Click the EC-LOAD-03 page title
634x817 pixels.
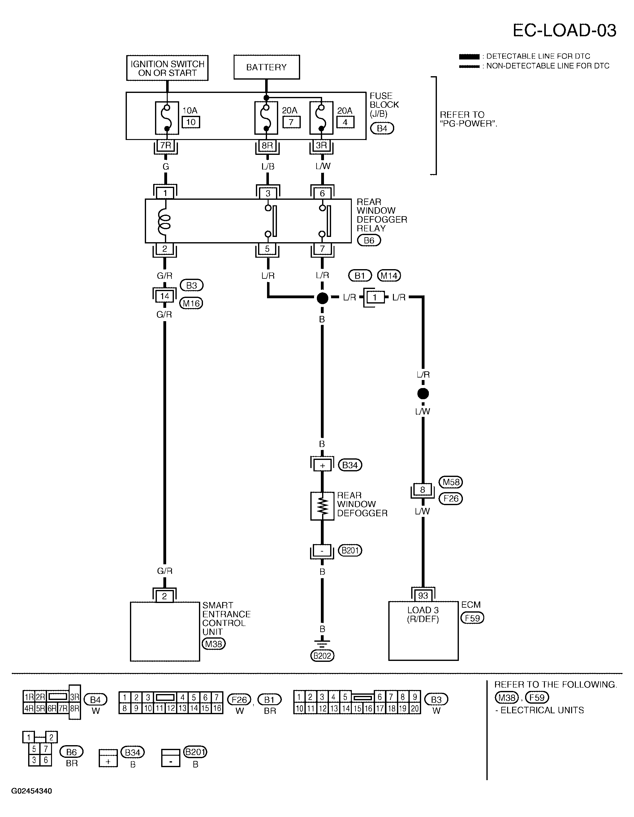point(564,30)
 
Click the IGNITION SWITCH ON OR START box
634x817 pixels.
point(167,68)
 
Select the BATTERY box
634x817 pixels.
point(266,67)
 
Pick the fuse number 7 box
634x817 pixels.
point(291,122)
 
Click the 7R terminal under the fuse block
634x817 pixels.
point(166,145)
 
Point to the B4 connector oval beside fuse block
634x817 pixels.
point(382,128)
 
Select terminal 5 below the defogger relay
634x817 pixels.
point(267,249)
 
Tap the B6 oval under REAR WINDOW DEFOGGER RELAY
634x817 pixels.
point(369,241)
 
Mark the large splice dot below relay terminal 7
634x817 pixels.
point(322,298)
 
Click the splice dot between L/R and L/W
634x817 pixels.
point(423,394)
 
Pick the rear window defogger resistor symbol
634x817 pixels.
point(322,506)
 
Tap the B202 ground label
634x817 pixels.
point(322,656)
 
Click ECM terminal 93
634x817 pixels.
point(423,595)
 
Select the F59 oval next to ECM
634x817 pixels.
point(472,618)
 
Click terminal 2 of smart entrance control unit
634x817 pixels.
point(165,596)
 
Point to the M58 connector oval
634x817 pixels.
point(451,482)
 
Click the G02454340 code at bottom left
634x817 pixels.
point(32,791)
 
